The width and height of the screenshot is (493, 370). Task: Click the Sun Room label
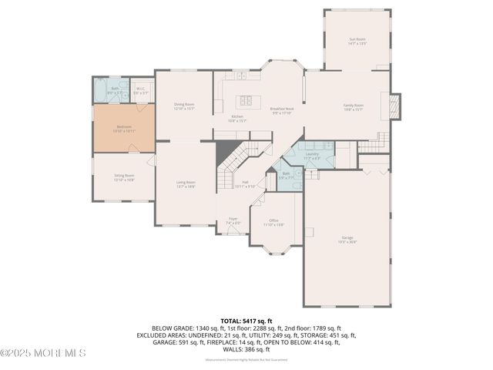pyautogui.click(x=357, y=42)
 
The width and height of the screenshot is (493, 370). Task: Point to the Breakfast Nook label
pyautogui.click(x=281, y=110)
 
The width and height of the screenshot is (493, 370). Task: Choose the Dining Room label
pyautogui.click(x=183, y=106)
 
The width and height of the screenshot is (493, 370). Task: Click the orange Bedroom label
pyautogui.click(x=124, y=128)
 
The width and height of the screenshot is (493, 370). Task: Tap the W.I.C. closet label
pyautogui.click(x=141, y=90)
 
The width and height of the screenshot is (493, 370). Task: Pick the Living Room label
pyautogui.click(x=186, y=184)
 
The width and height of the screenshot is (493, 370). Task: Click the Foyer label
pyautogui.click(x=233, y=220)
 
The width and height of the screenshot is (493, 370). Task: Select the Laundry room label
pyautogui.click(x=311, y=156)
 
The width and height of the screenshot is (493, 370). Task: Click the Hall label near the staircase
pyautogui.click(x=245, y=185)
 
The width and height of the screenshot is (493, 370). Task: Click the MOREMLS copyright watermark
pyautogui.click(x=43, y=353)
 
